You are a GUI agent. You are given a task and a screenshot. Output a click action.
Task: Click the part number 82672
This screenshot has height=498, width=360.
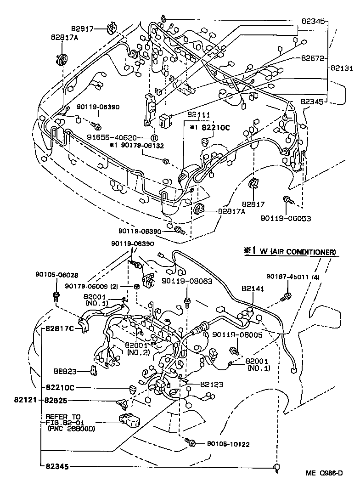pos(314,58)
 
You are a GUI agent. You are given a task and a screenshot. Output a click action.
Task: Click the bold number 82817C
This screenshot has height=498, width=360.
pos(60,329)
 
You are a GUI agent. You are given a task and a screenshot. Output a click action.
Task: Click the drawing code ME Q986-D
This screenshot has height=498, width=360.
pos(325,474)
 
